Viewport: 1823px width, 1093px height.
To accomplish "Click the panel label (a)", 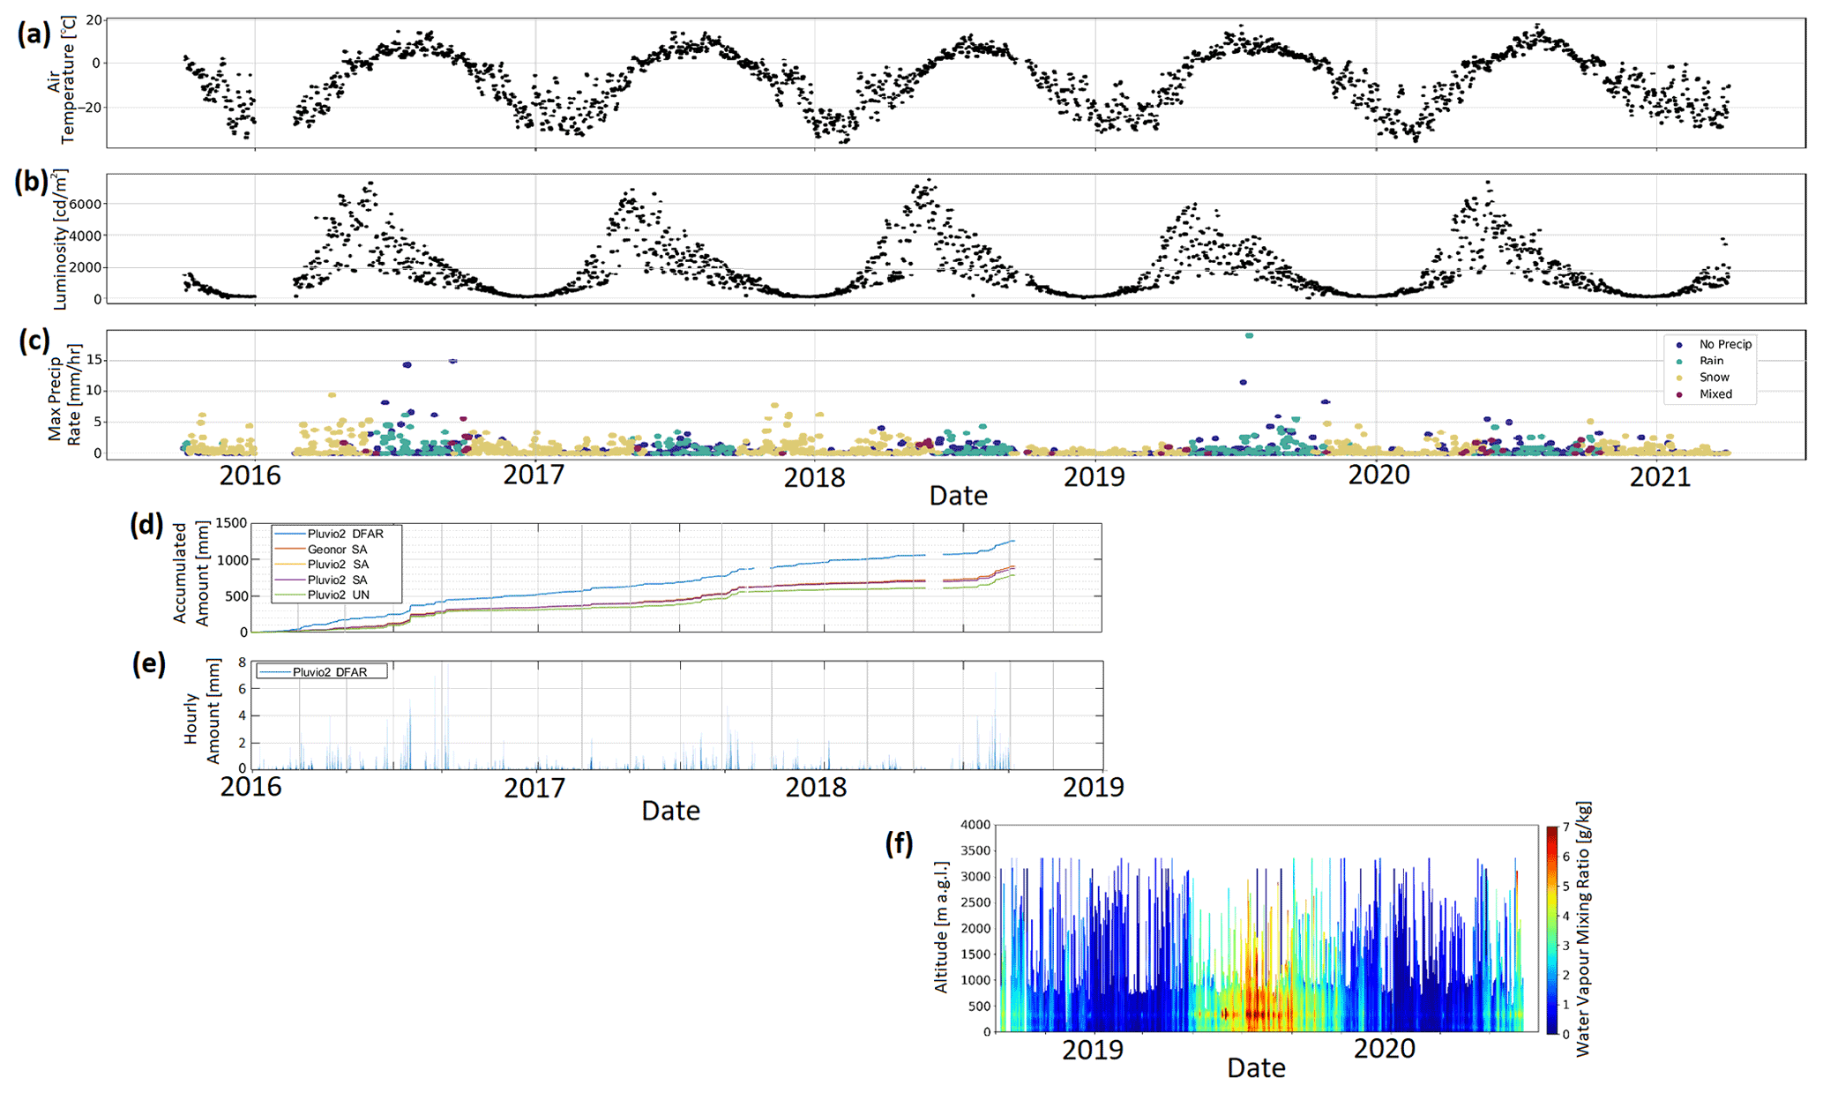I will point(33,34).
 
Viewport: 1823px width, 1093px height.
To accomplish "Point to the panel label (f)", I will point(899,843).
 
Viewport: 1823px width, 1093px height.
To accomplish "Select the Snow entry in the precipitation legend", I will point(1714,378).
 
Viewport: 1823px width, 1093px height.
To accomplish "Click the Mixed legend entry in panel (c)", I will point(1715,394).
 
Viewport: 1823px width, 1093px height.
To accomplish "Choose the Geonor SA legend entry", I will point(337,550).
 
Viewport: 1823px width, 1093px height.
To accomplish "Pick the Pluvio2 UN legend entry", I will point(338,595).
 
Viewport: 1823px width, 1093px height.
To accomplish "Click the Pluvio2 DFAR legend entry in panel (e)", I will point(329,672).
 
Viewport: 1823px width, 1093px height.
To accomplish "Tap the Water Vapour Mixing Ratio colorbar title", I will point(1583,929).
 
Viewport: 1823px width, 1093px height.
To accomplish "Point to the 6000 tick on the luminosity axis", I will point(86,204).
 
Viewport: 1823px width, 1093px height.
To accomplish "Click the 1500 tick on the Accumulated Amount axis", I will point(231,523).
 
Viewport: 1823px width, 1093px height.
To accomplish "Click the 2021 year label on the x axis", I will point(1660,477).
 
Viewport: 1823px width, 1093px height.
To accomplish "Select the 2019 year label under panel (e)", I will point(1093,787).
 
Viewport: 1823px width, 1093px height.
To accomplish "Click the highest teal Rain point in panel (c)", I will point(1249,335).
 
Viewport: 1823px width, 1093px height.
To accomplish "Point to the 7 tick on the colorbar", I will point(1565,827).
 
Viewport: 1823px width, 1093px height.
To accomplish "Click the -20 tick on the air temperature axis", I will point(89,108).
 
